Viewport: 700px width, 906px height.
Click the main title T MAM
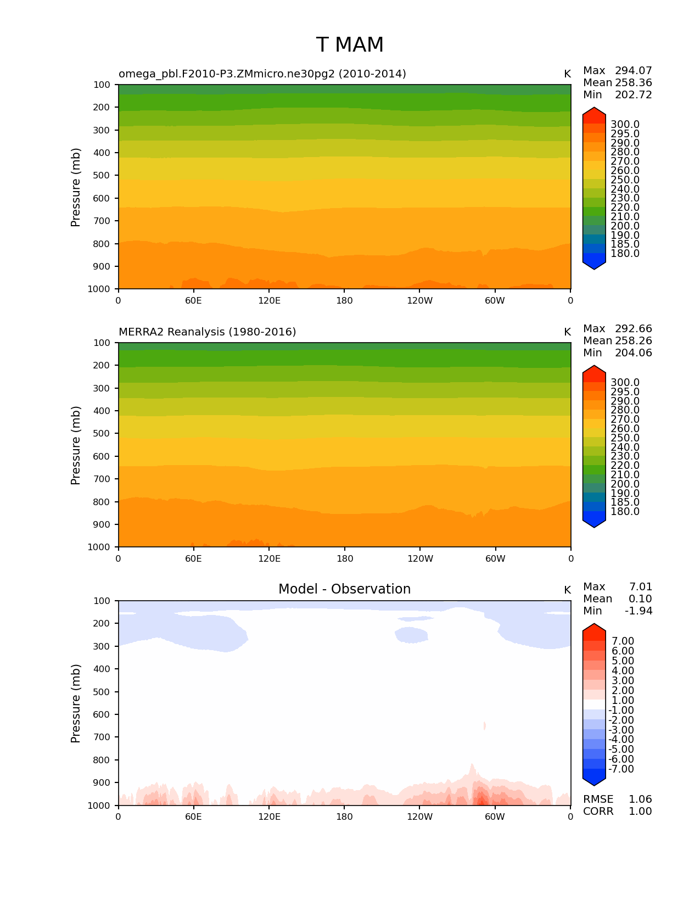click(350, 45)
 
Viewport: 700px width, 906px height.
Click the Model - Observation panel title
click(344, 589)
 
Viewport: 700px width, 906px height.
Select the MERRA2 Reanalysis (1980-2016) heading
click(207, 332)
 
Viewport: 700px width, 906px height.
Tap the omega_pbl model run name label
click(262, 74)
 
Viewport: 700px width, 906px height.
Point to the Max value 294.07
click(633, 71)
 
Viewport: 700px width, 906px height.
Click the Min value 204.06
click(633, 353)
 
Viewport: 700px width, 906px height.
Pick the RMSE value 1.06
click(640, 799)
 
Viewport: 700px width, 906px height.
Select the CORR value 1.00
click(640, 812)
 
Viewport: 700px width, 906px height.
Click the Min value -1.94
click(639, 611)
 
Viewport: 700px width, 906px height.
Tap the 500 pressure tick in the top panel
click(102, 176)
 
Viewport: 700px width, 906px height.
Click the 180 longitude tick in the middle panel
click(345, 559)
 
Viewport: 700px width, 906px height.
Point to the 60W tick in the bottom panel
click(495, 817)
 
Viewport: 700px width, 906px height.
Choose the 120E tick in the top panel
click(269, 301)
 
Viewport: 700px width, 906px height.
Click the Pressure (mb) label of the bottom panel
click(76, 703)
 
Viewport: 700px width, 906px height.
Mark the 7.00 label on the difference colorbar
click(623, 641)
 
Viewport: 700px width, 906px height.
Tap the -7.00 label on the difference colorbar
click(621, 769)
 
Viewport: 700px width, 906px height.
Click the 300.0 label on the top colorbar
click(625, 125)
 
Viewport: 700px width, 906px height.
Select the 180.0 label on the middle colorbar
click(625, 512)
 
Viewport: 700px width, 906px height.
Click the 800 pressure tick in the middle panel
click(102, 502)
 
